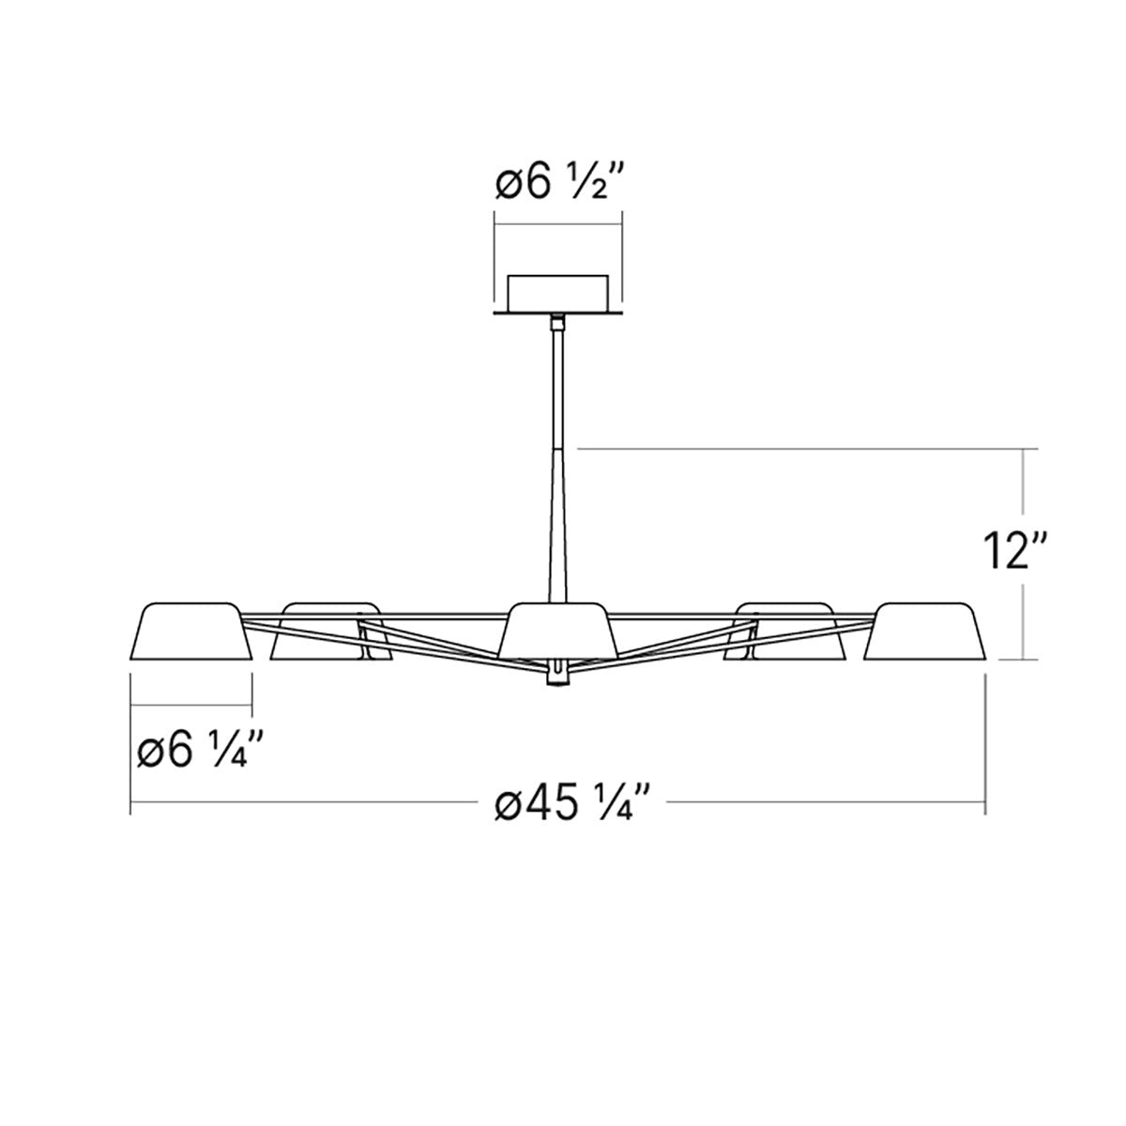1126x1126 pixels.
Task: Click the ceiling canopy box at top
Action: coord(557,293)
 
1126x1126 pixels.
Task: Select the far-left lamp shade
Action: coord(192,631)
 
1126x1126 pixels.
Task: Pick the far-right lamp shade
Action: coord(925,631)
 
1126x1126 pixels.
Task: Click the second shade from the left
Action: coord(330,631)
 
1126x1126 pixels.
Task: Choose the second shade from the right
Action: coord(784,631)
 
